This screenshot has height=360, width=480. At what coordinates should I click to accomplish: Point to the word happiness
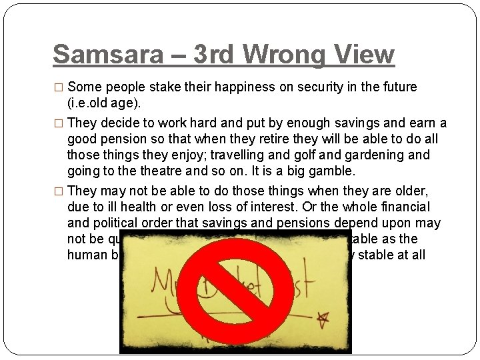(219, 87)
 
